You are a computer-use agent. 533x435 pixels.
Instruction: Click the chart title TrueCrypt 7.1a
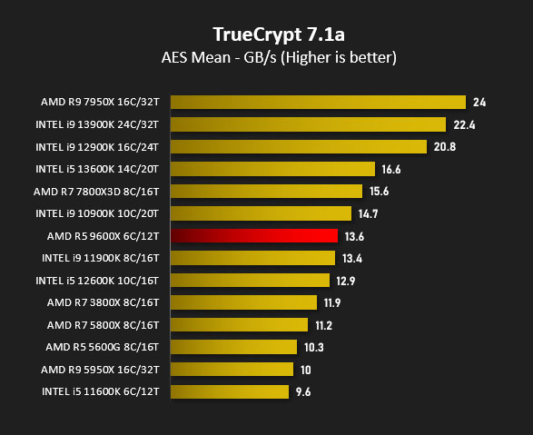[x=279, y=35]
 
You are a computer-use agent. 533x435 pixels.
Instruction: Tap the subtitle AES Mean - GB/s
[x=219, y=57]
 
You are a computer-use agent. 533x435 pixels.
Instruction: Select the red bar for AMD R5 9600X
[x=254, y=236]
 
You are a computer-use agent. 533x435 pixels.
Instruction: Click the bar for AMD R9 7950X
[x=318, y=103]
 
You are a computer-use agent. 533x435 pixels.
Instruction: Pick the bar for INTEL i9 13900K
[x=309, y=124]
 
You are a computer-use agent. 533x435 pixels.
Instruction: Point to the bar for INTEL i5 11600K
[x=230, y=391]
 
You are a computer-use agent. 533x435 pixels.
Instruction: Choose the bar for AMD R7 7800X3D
[x=267, y=192]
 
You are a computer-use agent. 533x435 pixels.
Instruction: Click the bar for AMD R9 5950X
[x=232, y=369]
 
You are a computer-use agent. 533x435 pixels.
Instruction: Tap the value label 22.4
[x=464, y=125]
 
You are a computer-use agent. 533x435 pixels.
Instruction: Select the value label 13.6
[x=354, y=236]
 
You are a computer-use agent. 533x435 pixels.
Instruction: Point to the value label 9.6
[x=303, y=391]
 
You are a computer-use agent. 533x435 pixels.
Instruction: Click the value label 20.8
[x=445, y=147]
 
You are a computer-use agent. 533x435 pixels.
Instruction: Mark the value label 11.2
[x=323, y=326]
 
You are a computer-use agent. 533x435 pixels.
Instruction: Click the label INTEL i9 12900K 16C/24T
[x=97, y=147]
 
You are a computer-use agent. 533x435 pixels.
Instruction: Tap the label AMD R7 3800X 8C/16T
[x=103, y=302]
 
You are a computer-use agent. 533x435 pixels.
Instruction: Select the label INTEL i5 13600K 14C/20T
[x=97, y=169]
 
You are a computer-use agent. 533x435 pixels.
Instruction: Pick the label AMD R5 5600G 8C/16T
[x=103, y=347]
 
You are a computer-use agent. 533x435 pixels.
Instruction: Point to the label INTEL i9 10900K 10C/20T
[x=97, y=213]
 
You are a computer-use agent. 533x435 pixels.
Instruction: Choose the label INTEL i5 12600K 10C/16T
[x=97, y=281]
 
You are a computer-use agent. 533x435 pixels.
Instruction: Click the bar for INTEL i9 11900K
[x=253, y=258]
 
